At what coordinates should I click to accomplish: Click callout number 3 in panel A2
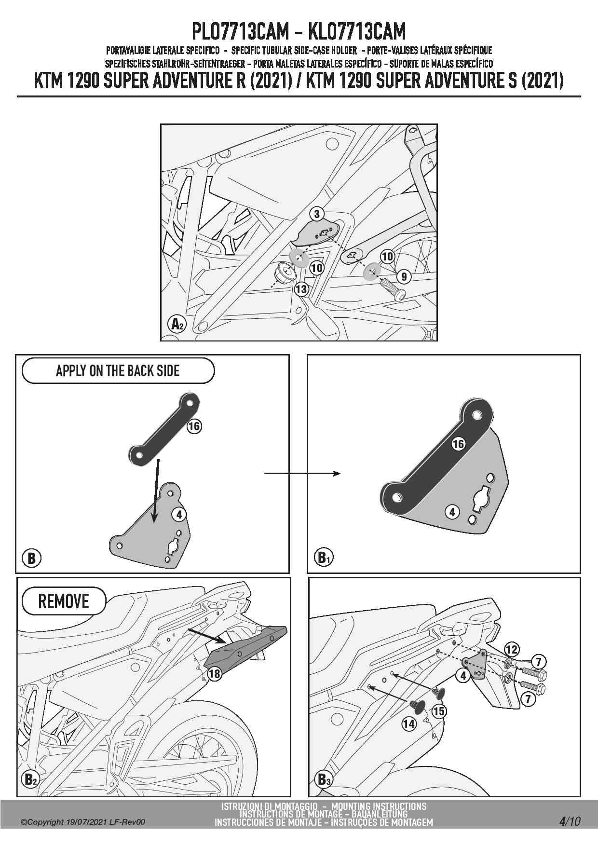tap(317, 214)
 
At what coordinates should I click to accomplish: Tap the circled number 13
tap(301, 289)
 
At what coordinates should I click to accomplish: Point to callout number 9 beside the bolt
tap(404, 276)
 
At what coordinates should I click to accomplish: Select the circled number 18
tap(214, 674)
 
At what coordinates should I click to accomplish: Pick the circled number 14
tap(408, 723)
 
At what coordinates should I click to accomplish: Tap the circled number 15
tap(439, 711)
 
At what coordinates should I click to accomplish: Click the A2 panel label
tap(177, 324)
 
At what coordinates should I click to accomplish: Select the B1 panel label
tap(323, 558)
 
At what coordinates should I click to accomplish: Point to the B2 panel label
tap(30, 779)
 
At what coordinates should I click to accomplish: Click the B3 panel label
tap(323, 779)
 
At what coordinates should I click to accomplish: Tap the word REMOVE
tap(64, 601)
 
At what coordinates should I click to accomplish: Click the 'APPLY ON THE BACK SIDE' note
tap(118, 371)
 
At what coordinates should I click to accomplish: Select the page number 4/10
tap(570, 821)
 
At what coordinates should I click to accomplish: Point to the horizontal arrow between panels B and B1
tap(302, 474)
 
